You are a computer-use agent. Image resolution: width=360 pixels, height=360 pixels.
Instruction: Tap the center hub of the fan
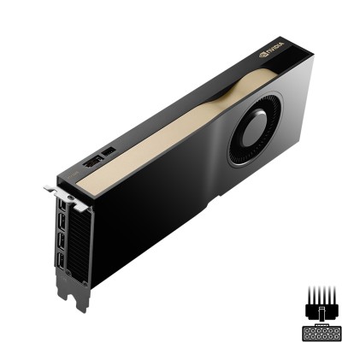253,135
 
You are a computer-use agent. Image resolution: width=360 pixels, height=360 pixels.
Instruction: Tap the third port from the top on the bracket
61,244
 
